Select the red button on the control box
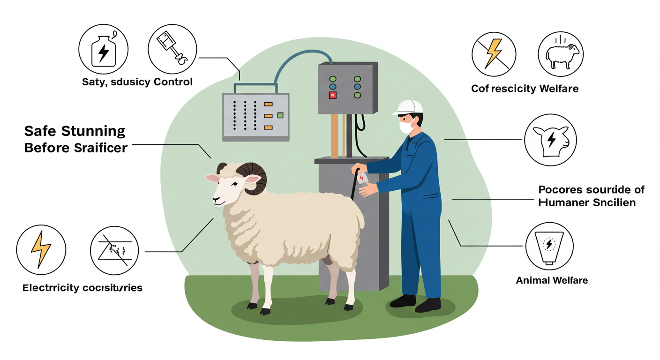(x=333, y=95)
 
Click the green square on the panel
(x=281, y=115)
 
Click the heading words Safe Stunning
(x=75, y=130)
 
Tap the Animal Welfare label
(x=552, y=280)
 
